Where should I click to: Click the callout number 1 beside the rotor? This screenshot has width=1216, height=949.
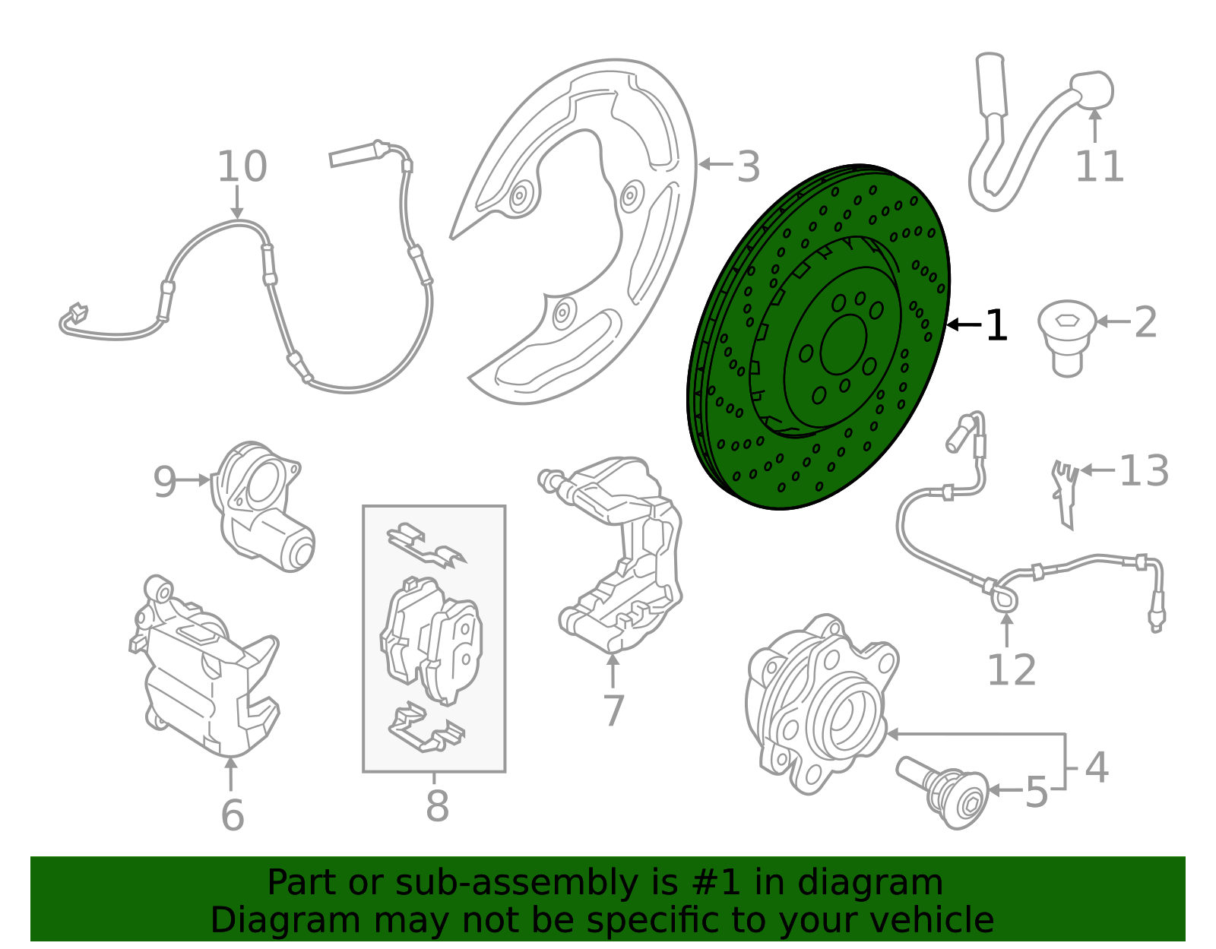click(996, 325)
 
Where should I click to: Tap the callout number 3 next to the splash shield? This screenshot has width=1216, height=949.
click(748, 166)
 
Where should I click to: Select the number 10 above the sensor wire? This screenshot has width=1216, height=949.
click(242, 166)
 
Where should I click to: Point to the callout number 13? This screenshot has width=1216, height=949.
click(1144, 470)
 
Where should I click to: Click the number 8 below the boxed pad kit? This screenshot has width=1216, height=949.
click(437, 805)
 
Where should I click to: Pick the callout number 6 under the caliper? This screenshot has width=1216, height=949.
click(233, 815)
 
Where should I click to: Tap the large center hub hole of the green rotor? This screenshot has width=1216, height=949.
click(844, 344)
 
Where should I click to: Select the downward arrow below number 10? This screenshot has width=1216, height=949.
click(237, 202)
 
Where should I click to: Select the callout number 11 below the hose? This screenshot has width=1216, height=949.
click(1100, 166)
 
